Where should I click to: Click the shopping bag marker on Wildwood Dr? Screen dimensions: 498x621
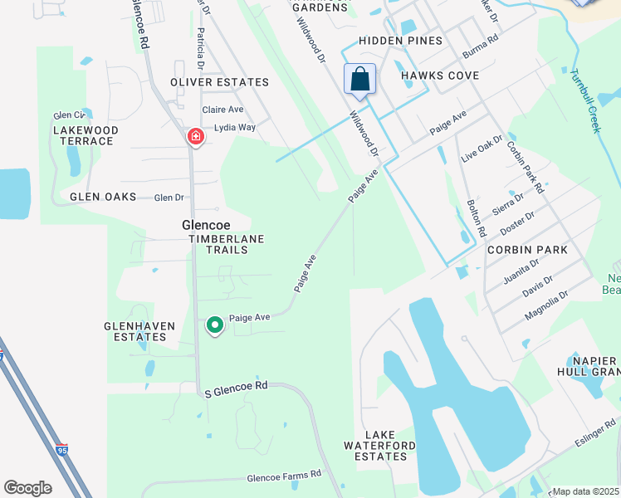coord(360,80)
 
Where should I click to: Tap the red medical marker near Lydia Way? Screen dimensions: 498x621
coord(196,135)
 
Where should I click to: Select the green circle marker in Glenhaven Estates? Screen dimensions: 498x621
coord(215,325)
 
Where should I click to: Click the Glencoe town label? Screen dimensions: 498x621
coord(206,225)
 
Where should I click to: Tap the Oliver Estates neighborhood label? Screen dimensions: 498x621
coord(219,82)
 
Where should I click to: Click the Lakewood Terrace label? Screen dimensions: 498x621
coord(86,135)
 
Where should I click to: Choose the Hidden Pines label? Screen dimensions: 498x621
coord(397,41)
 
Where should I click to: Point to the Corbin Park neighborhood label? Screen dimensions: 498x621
coord(527,250)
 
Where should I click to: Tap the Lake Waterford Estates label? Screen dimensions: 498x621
coord(385,445)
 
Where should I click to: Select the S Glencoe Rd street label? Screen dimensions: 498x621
coord(237,386)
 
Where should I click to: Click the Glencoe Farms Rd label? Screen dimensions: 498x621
coord(284,477)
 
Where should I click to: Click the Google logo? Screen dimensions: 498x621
coord(27,488)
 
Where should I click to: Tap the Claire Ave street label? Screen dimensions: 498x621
coord(222,110)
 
